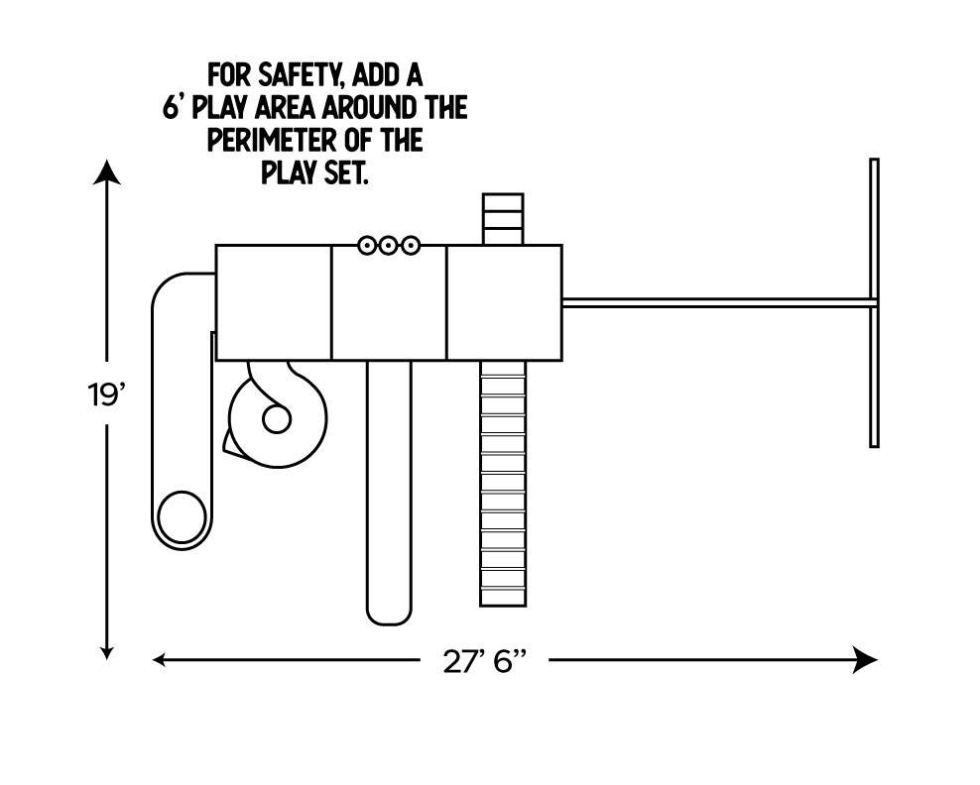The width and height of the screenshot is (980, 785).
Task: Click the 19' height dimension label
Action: tap(103, 396)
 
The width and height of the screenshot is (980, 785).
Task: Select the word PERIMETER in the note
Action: tap(267, 140)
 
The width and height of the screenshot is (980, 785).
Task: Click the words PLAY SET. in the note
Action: tap(315, 172)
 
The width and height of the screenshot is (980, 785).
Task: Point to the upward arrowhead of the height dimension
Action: tap(107, 173)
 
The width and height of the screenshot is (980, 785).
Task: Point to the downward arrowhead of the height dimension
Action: tap(107, 651)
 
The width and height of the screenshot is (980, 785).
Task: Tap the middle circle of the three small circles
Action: tap(388, 245)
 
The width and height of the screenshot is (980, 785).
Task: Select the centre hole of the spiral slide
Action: tap(275, 419)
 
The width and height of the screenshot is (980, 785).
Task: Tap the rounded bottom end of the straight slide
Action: tap(389, 611)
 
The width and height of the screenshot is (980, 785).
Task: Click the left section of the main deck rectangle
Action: tap(274, 302)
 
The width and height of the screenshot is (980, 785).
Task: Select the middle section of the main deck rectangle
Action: tap(389, 302)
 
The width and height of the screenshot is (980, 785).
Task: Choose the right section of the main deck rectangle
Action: tap(504, 302)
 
